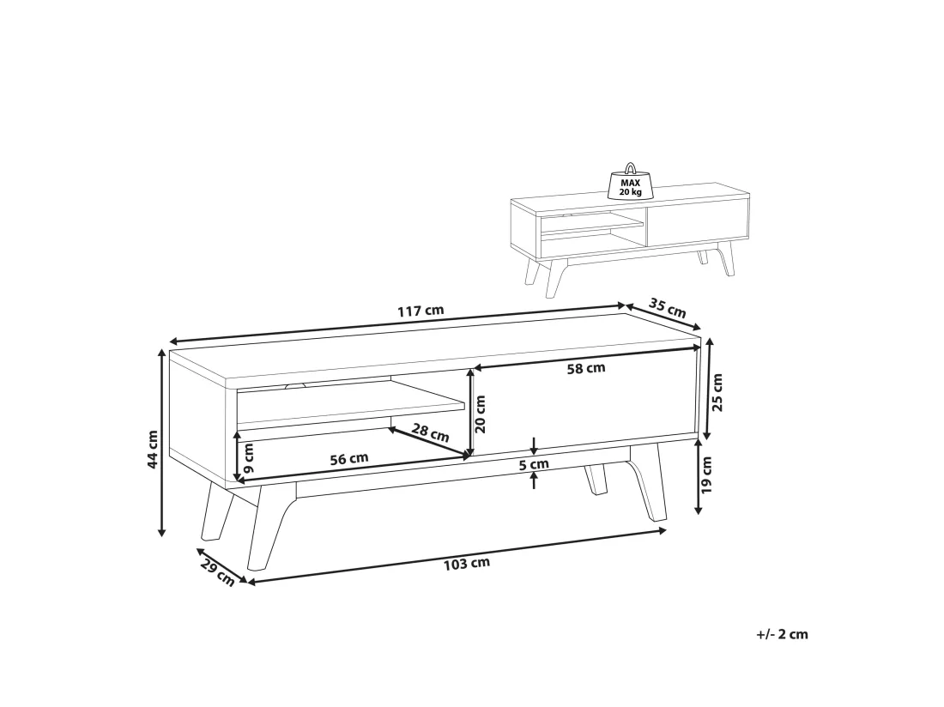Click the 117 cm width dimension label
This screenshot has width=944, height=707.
coord(421,311)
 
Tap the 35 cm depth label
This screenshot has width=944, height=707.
coord(667,308)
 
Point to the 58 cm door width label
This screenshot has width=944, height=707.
coord(586,368)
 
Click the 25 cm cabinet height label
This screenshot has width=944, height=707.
coord(717,392)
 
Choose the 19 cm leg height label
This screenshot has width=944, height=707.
coord(707,475)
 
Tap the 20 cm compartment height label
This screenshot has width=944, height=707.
coord(480,414)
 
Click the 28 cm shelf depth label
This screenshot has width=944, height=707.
coord(431,432)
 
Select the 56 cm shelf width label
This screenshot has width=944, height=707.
coord(349,459)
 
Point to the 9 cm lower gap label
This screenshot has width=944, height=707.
coord(249,457)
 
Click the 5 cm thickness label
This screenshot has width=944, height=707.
coord(534,464)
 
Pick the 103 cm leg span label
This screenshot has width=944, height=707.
coord(467,564)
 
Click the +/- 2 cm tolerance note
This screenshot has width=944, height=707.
coord(782,634)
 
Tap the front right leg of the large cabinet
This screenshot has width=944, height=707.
coord(648,482)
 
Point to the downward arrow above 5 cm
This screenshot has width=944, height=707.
coord(535,446)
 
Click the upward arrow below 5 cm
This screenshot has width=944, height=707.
coord(535,480)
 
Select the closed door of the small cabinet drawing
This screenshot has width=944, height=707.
coord(698,222)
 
